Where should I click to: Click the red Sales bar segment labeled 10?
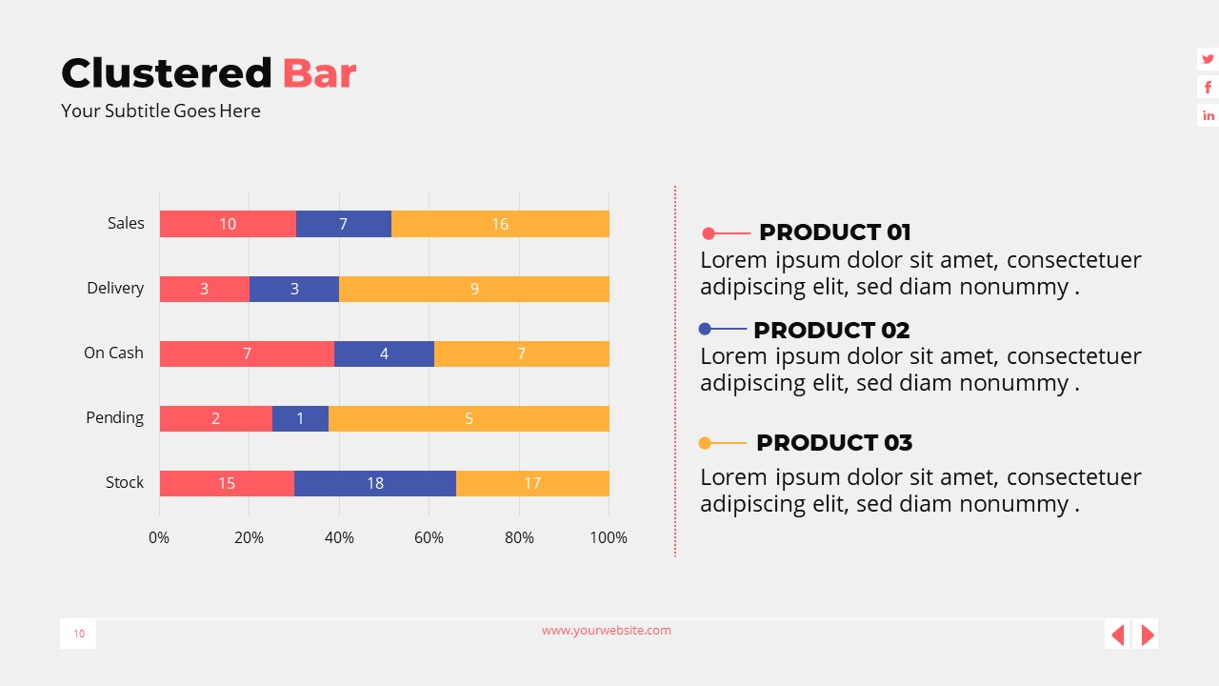(x=228, y=224)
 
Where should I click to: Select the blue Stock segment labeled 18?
(x=375, y=483)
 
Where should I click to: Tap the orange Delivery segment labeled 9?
(x=474, y=289)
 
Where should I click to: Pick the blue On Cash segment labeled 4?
(x=384, y=353)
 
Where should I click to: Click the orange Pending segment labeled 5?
(x=469, y=418)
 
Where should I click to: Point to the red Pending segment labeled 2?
(x=215, y=418)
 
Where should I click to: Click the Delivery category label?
(x=115, y=288)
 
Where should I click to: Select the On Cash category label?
(x=113, y=353)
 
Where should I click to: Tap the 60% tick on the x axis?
(x=429, y=537)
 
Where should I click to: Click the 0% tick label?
(x=159, y=537)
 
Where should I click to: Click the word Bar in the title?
(x=319, y=73)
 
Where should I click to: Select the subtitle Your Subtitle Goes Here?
(x=160, y=111)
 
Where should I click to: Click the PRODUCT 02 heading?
(x=831, y=330)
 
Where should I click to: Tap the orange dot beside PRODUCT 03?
(x=705, y=443)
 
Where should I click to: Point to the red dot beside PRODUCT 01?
(x=709, y=233)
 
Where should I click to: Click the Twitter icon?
(x=1208, y=59)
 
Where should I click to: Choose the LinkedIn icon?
(x=1208, y=115)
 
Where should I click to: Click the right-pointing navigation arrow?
(x=1147, y=634)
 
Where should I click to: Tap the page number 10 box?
(x=78, y=634)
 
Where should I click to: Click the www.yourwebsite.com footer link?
(x=607, y=630)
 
